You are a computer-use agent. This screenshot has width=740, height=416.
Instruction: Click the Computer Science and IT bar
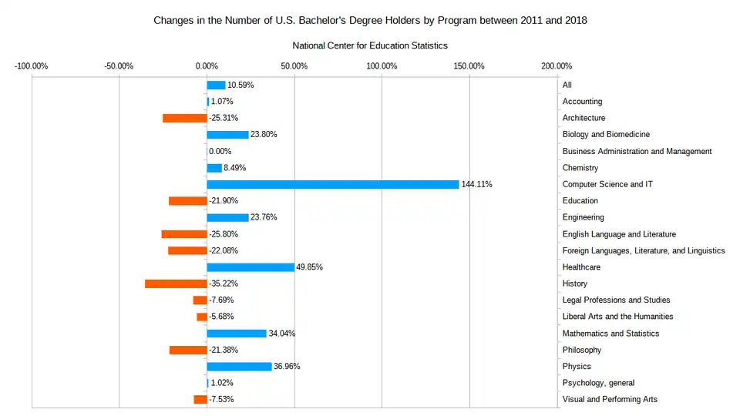pos(333,184)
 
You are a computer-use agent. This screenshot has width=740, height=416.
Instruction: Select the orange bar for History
pos(176,283)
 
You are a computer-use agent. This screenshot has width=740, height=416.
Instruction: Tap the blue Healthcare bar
pos(251,267)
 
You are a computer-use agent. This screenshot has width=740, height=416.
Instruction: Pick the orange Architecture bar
pos(184,118)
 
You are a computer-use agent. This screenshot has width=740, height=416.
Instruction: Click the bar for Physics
pos(239,367)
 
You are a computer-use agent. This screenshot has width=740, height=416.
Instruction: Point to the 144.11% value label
pos(476,184)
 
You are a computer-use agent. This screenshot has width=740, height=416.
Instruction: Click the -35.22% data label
pos(224,283)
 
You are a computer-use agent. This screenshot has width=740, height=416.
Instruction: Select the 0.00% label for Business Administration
pos(220,151)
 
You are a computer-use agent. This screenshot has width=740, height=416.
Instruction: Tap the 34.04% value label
pos(281,334)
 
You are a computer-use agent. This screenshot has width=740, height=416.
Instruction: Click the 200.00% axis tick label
pos(557,65)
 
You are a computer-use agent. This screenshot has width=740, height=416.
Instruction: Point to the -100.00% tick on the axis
pos(32,65)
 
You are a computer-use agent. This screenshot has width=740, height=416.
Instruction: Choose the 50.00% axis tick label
pos(294,65)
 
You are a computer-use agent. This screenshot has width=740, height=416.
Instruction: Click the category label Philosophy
pos(582,350)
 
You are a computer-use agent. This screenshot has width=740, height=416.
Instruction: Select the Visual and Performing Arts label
pos(610,399)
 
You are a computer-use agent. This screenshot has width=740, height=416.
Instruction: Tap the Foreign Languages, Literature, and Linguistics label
pos(644,250)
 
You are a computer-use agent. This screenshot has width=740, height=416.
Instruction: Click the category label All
pos(567,85)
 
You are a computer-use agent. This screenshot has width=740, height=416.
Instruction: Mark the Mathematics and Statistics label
pos(610,334)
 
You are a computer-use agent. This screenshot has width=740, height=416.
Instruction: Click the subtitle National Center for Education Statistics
pos(370,46)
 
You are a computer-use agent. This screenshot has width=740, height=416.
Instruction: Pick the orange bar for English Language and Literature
pos(184,234)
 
